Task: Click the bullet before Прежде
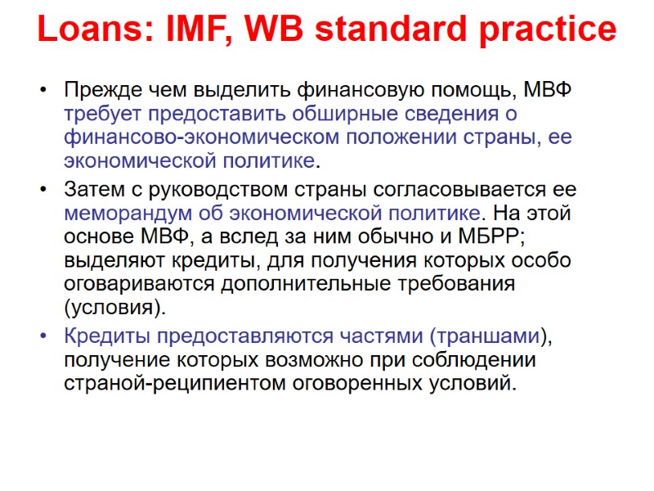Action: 43,89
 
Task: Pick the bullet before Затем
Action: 43,191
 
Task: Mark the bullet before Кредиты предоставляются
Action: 43,336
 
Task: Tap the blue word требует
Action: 106,113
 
